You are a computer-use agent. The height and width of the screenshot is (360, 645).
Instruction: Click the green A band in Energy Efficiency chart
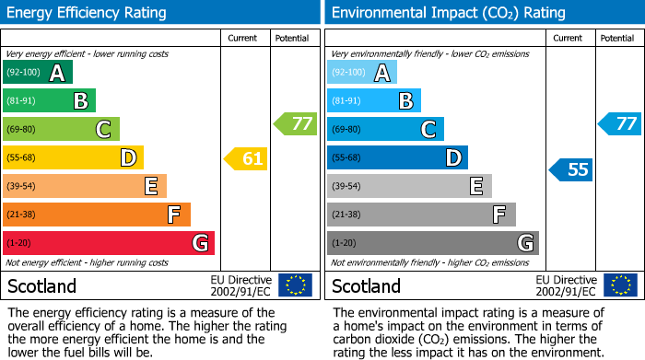37,73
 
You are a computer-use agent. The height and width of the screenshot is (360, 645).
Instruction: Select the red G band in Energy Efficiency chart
108,243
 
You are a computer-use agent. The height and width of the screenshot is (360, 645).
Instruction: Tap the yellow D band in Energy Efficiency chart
72,158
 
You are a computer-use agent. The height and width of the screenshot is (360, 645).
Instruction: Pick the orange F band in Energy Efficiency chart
96,215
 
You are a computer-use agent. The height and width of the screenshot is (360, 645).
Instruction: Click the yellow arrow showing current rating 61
246,158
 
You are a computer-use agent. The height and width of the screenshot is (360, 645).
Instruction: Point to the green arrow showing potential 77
295,123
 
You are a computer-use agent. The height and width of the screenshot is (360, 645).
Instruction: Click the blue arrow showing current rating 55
571,169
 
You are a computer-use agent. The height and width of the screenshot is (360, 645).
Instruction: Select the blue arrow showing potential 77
620,123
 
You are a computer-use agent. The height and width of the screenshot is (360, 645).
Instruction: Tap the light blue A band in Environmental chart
361,73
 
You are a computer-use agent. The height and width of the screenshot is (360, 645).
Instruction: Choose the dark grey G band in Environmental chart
432,243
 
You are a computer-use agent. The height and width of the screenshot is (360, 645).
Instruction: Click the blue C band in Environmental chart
385,129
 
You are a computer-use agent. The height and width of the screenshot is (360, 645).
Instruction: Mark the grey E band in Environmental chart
409,186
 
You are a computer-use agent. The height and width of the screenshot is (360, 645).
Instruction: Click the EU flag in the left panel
295,285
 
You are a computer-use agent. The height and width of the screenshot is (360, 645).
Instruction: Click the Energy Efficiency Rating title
88,13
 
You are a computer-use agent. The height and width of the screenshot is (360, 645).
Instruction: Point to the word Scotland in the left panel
42,285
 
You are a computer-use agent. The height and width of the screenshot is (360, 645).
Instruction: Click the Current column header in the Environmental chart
569,38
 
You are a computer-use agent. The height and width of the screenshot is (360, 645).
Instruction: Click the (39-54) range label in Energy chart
21,187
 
